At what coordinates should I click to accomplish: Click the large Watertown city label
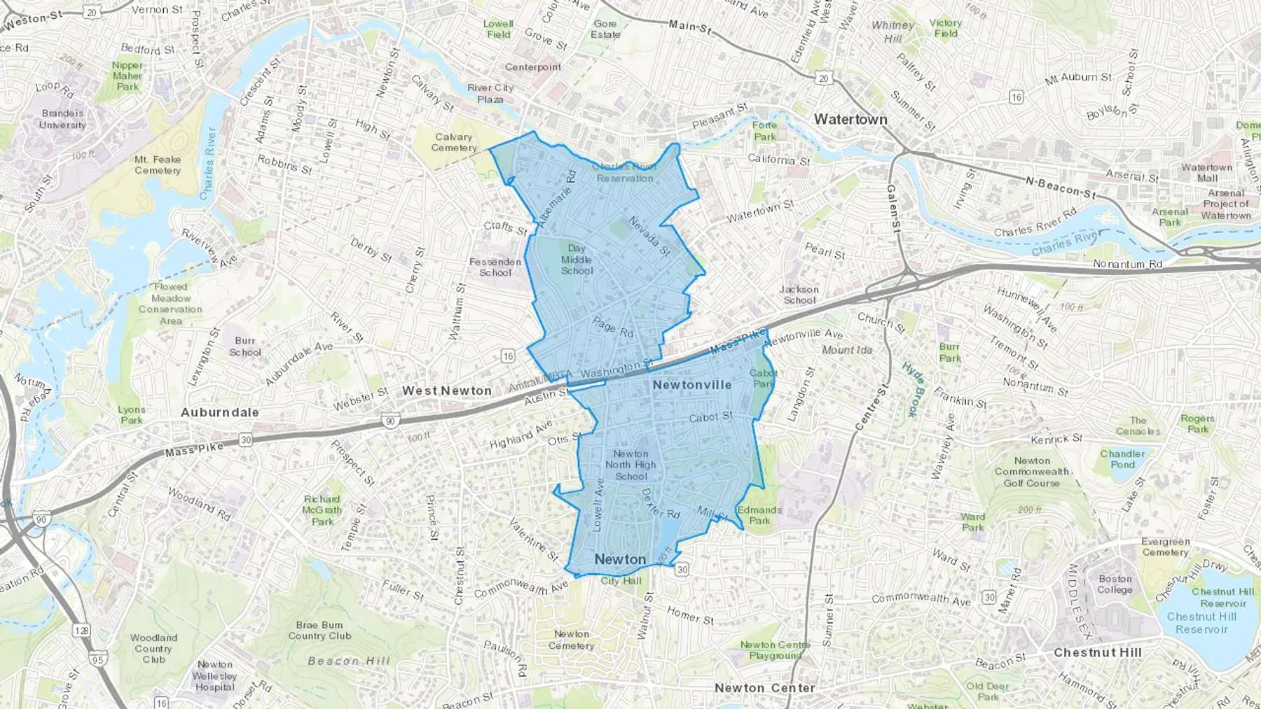coord(850,120)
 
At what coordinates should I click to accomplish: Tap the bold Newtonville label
coord(691,385)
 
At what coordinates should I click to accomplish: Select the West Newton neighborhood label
coord(447,391)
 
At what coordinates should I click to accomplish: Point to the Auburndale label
coord(220,412)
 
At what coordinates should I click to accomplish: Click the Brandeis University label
coord(62,119)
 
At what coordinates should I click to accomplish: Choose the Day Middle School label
coord(577,260)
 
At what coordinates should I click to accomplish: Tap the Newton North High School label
coord(631,465)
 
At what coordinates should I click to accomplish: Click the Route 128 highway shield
coord(82,631)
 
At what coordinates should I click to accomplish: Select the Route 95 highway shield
coord(97,659)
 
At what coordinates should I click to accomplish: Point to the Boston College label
coord(1115,584)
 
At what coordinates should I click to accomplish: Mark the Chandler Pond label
coord(1122,459)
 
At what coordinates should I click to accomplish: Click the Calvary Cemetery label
coord(454,142)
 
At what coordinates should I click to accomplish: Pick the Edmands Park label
coord(759,515)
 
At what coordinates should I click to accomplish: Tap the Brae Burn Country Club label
coord(319,630)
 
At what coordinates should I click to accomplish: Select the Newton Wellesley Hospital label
coord(214,675)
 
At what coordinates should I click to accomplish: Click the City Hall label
coord(621,580)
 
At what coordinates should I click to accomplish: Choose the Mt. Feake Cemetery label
coord(158,164)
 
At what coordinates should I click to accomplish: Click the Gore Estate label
coord(605,29)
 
